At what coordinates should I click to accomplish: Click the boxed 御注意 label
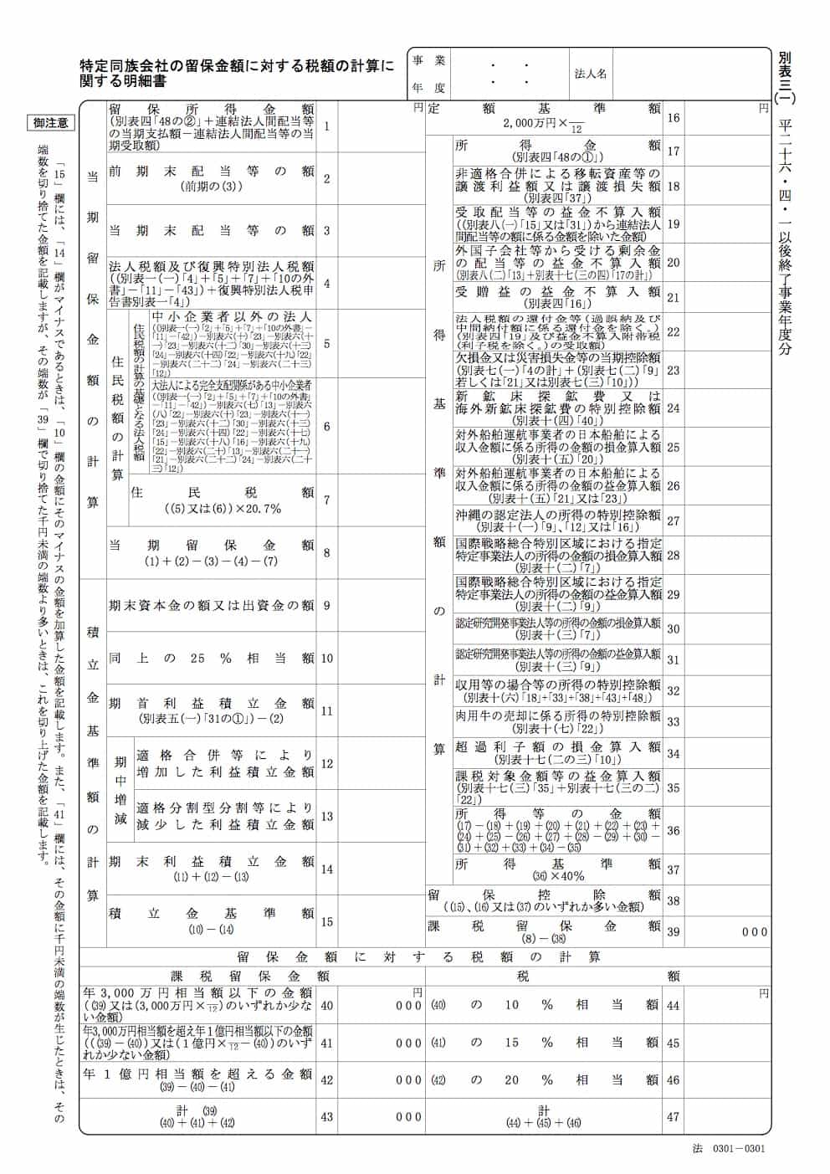pos(51,123)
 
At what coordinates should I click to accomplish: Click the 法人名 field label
pos(591,74)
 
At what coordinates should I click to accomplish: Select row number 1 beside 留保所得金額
pos(327,126)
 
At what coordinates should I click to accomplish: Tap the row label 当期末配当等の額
pos(212,231)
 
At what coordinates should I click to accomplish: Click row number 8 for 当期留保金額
pos(327,552)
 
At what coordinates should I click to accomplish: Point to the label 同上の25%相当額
pos(212,658)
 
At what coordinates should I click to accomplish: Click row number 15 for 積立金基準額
pos(327,921)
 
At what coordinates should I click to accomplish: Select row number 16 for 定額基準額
pos(674,118)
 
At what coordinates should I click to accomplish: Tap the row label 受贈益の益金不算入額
pos(557,292)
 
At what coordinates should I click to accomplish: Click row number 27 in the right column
pos(674,520)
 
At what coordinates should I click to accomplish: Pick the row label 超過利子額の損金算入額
pos(557,746)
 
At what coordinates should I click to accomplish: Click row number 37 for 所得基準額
pos(674,870)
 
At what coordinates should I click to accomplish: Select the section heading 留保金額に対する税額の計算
pos(418,956)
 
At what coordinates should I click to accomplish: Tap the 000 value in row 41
pos(408,1043)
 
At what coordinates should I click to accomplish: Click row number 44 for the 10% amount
pos(674,1005)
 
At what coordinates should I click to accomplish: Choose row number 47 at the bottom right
pos(674,1117)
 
